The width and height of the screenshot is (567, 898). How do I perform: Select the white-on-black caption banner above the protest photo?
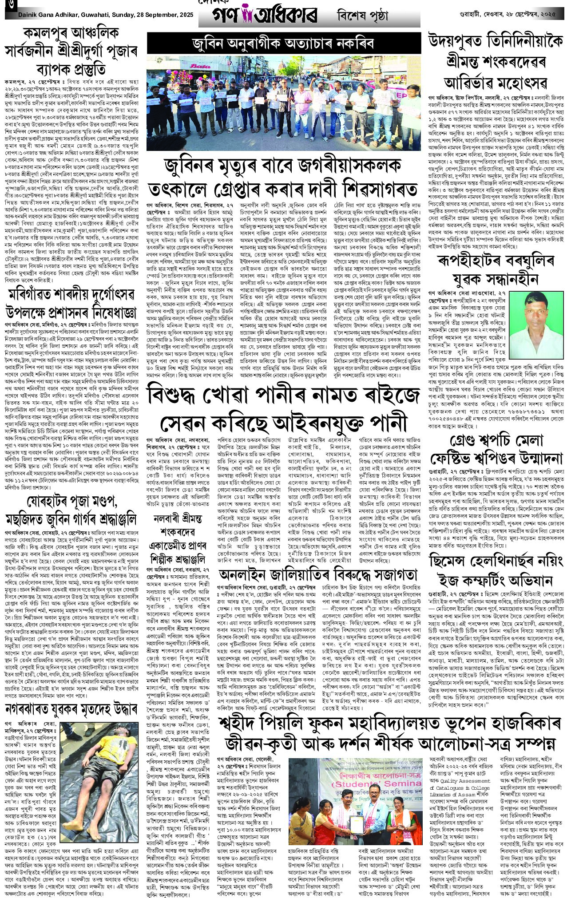point(283,43)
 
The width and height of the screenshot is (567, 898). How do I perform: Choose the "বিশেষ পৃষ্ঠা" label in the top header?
point(362,16)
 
